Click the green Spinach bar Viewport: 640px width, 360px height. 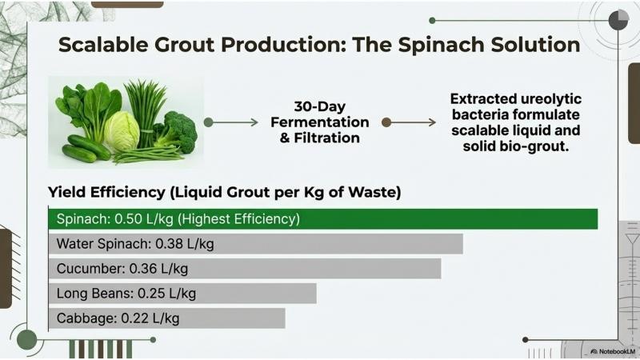323,219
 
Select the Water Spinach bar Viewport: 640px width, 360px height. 255,244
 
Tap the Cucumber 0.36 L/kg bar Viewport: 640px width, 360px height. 245,269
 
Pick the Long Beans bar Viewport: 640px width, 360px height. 182,294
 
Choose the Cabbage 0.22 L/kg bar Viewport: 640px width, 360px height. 167,318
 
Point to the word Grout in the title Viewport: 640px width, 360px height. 185,45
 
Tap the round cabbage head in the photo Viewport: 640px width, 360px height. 122,132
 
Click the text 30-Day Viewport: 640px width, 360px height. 319,106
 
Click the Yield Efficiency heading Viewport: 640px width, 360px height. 225,192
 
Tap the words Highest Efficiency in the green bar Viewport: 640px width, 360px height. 238,219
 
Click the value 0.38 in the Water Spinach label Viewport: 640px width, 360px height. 170,244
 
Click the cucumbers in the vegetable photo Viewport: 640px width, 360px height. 85,149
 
